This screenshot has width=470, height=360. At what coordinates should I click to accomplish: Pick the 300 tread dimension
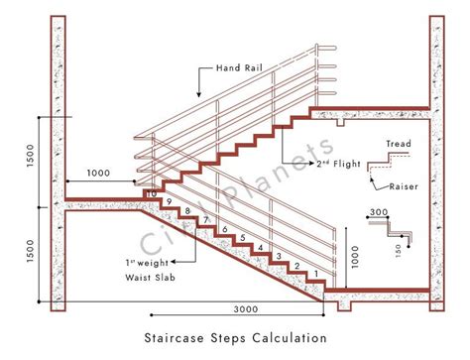click(378, 212)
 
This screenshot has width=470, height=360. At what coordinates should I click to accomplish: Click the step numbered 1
click(315, 273)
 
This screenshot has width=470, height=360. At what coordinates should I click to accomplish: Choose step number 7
click(206, 220)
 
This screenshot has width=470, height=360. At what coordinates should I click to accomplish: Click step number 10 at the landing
click(152, 192)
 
